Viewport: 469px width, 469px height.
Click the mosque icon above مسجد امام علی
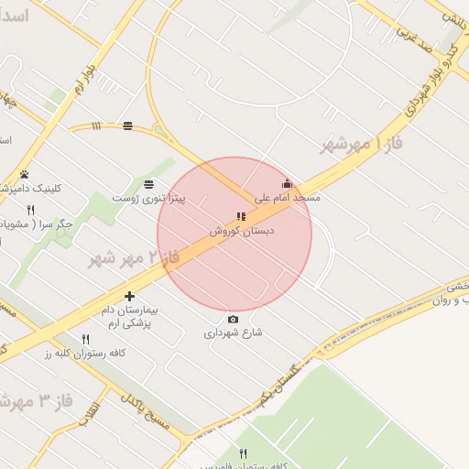[x=287, y=183]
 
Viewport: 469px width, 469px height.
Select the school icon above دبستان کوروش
[x=241, y=217]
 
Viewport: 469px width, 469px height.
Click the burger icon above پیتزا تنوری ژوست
[x=148, y=184]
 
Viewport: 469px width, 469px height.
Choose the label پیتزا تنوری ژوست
[x=148, y=198]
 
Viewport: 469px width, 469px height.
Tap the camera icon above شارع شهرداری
[x=233, y=319]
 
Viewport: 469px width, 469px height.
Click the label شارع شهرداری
[x=233, y=333]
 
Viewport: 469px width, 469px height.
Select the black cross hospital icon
[x=129, y=296]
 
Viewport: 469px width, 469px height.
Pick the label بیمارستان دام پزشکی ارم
[x=127, y=317]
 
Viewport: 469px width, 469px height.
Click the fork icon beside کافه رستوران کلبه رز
[x=86, y=339]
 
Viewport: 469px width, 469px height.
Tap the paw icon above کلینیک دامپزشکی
[x=24, y=174]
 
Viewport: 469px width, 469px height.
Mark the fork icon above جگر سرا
[x=30, y=210]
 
